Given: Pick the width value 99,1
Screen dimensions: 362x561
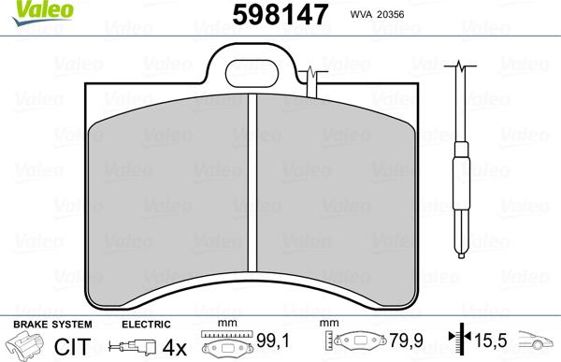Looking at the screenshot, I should coord(270,343).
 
